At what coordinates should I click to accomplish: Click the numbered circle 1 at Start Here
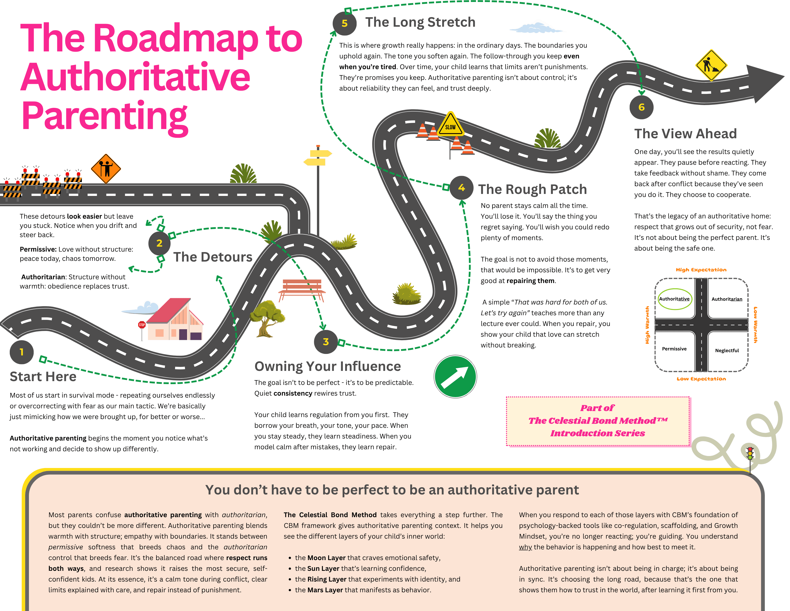point(22,352)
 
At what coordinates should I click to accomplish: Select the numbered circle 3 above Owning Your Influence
point(325,342)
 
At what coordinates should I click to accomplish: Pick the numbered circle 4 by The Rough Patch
point(462,187)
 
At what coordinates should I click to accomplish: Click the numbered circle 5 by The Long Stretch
point(344,23)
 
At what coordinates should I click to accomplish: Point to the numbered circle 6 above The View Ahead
point(641,107)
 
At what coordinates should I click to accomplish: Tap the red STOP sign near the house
point(142,325)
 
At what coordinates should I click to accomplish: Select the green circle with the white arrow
point(455,376)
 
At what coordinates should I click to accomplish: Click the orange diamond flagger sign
point(106,169)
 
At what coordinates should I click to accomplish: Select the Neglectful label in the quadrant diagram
point(727,350)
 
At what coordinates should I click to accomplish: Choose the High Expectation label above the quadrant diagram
point(701,270)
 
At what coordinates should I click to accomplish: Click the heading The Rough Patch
point(532,189)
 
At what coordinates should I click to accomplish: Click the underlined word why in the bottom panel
point(525,547)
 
